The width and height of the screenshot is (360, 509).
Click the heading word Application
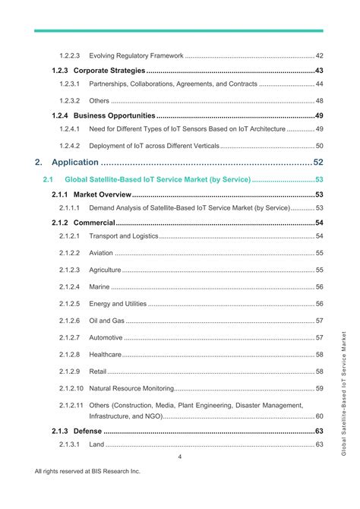click(74, 162)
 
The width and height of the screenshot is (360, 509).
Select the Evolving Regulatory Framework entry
click(137, 55)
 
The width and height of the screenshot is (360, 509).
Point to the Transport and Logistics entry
click(124, 236)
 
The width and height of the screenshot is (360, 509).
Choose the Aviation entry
click(101, 253)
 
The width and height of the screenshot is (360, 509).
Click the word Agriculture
click(106, 270)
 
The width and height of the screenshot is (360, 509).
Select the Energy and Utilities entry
click(118, 304)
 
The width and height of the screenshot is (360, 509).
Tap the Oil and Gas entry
click(106, 321)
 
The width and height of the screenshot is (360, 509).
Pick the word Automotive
click(106, 337)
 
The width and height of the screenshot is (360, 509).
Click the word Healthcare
click(106, 355)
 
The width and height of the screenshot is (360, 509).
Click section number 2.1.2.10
click(71, 388)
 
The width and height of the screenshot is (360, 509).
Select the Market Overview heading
click(103, 195)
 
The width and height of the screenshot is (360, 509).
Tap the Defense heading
click(87, 432)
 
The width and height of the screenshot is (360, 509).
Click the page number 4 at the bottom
click(179, 457)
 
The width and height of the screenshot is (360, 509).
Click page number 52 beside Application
click(318, 162)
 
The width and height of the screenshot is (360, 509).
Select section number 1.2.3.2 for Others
click(70, 101)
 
